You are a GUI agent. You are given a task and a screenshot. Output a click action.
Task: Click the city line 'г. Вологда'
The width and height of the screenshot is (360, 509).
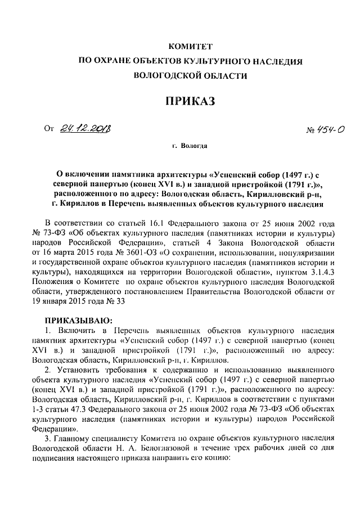190,146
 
